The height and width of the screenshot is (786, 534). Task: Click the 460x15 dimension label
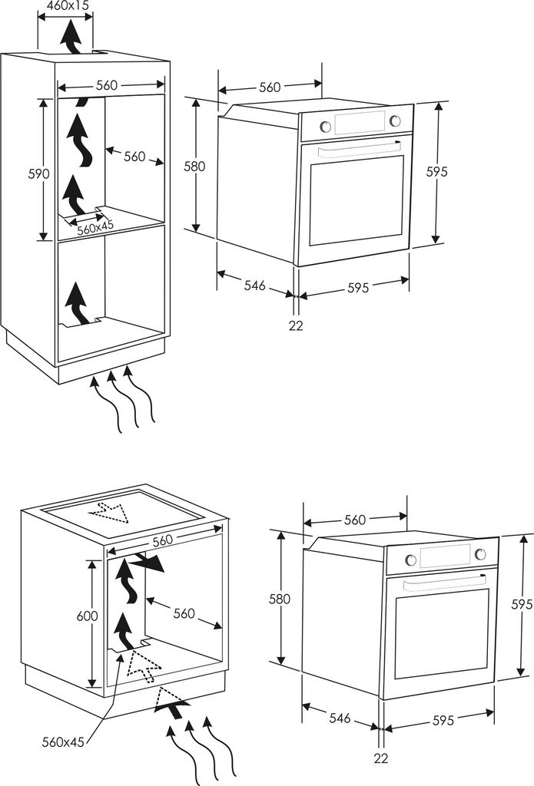(67, 5)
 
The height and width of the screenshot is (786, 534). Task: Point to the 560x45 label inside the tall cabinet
(95, 228)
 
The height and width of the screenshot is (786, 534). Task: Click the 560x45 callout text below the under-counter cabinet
(64, 741)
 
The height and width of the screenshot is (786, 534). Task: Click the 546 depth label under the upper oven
(255, 286)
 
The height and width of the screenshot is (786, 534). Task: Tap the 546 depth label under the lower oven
(340, 718)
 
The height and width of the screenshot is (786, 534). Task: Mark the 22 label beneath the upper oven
(296, 325)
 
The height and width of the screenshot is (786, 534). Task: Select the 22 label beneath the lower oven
(380, 758)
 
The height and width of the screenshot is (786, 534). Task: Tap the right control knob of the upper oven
(395, 121)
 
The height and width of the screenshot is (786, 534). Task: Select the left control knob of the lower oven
(411, 560)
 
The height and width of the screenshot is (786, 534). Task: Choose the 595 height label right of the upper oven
(437, 172)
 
